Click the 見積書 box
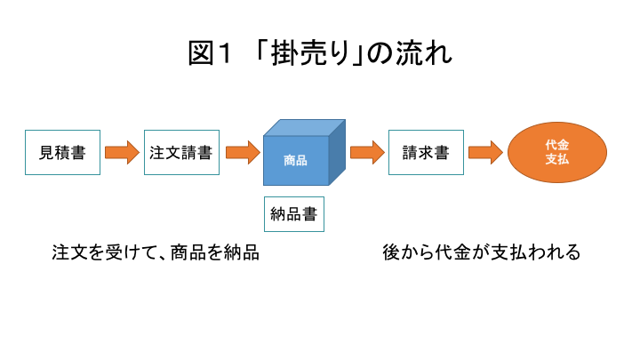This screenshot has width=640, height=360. [x=62, y=152]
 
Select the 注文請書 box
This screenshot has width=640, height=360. [x=181, y=152]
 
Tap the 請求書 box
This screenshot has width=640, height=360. [x=426, y=152]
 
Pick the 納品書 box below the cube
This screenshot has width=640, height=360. [x=294, y=214]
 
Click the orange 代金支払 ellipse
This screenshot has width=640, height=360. [x=557, y=152]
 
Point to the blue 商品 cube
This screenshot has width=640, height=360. [x=304, y=152]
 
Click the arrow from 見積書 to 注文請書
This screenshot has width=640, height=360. [x=122, y=153]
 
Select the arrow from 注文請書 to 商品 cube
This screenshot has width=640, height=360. [x=243, y=153]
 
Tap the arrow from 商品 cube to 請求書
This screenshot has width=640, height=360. [x=367, y=153]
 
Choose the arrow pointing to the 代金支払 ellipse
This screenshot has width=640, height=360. [x=485, y=153]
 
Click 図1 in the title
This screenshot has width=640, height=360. [x=210, y=53]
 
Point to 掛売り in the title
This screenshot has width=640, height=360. [x=310, y=53]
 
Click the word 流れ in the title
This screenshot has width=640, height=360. [x=424, y=53]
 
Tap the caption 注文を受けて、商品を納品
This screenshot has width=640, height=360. [x=156, y=252]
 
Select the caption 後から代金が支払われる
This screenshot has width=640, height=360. [x=482, y=252]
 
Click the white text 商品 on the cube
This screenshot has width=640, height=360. [x=295, y=160]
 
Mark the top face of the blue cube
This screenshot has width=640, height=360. [x=305, y=128]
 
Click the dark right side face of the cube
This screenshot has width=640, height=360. [x=337, y=152]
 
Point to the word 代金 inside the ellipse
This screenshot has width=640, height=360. [x=557, y=145]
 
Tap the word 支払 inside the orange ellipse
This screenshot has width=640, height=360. [x=557, y=159]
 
